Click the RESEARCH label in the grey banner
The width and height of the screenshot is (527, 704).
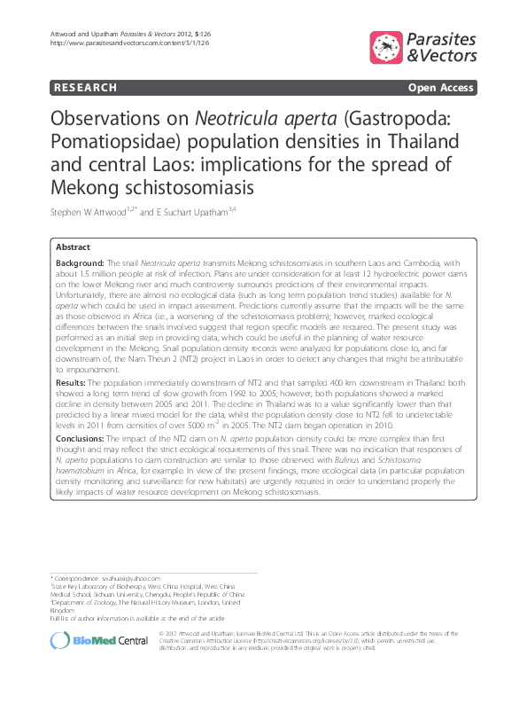click(x=85, y=88)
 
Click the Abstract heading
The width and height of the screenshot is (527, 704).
click(x=73, y=247)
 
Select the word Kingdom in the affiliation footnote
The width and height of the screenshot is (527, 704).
click(x=63, y=610)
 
